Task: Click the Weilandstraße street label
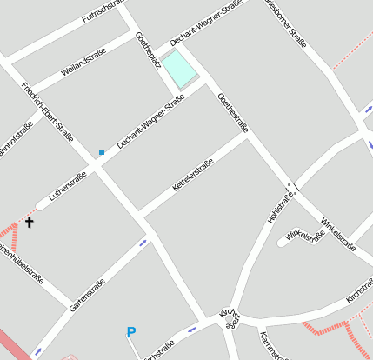(x=83, y=63)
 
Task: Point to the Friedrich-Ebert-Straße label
(x=47, y=111)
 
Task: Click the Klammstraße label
(x=272, y=344)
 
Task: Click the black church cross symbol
(x=29, y=223)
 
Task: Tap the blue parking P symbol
(x=131, y=331)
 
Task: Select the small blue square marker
(x=101, y=152)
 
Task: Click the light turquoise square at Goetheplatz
(x=181, y=69)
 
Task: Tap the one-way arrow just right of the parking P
(x=191, y=330)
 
